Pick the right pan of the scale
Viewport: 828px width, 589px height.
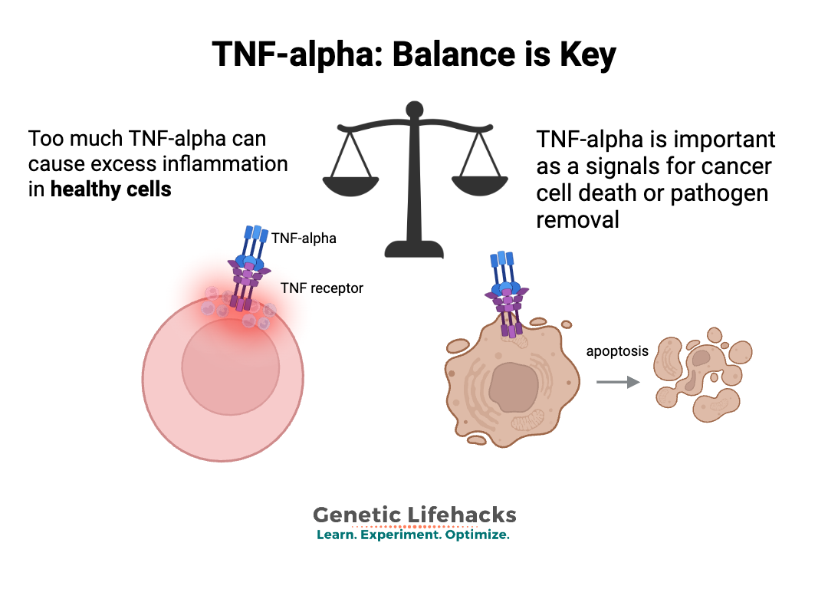[x=481, y=185]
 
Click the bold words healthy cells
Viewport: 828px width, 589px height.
[x=110, y=189]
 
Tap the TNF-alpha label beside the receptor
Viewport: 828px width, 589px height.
[x=304, y=238]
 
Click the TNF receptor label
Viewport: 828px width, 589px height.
[x=321, y=288]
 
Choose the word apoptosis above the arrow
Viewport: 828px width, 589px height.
[x=617, y=351]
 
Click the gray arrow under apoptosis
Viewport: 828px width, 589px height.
[x=618, y=381]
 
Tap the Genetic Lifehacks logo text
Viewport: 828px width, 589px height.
[x=414, y=515]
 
